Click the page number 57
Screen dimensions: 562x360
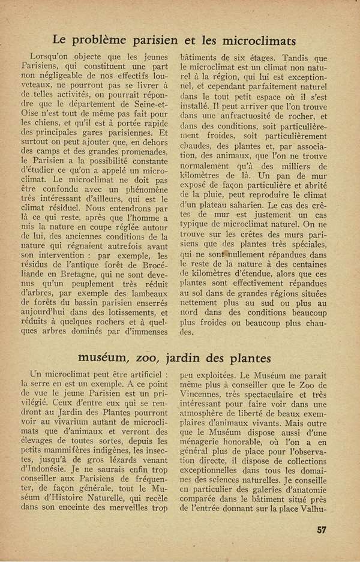point(322,528)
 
